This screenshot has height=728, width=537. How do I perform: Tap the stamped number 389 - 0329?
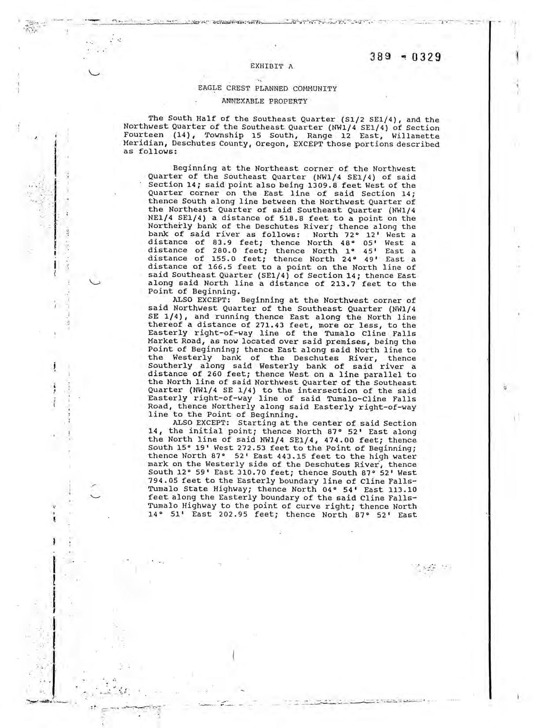406,57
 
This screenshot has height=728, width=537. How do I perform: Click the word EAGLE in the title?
209,88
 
